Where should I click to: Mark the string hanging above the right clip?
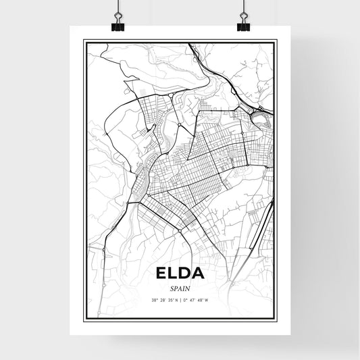click(242, 5)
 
